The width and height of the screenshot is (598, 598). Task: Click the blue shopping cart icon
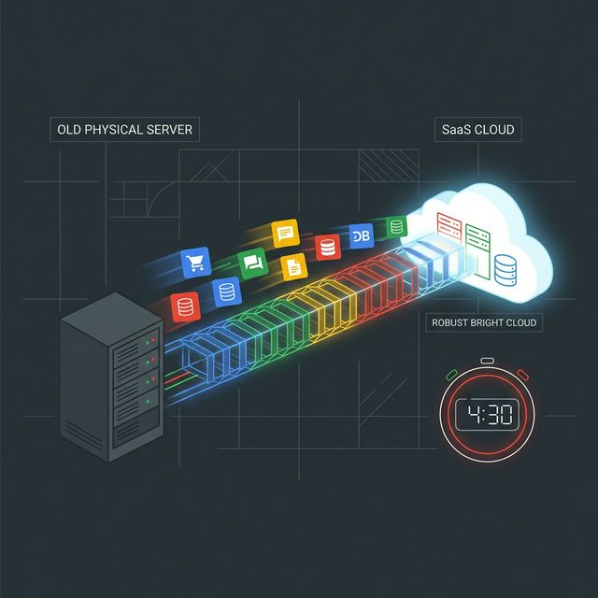[x=195, y=263]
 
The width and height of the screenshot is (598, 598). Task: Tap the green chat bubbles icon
[x=252, y=263]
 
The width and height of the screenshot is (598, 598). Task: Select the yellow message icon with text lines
[x=285, y=233]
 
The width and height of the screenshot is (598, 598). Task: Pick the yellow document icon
[x=293, y=266]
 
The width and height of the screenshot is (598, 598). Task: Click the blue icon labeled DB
[x=362, y=236]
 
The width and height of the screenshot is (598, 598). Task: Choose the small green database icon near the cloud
[x=396, y=226]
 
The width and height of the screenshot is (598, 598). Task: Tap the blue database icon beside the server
[x=227, y=292]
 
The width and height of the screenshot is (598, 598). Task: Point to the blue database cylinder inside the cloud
[x=505, y=270]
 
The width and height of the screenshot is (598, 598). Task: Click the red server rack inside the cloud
[x=448, y=226]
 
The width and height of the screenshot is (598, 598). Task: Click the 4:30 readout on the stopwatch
[x=490, y=415]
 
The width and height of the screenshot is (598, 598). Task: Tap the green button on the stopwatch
[x=451, y=375]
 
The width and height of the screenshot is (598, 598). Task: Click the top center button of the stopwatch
[x=487, y=361]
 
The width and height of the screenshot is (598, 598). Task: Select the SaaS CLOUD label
[x=477, y=130]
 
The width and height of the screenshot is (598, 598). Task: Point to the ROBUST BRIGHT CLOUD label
[x=484, y=322]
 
